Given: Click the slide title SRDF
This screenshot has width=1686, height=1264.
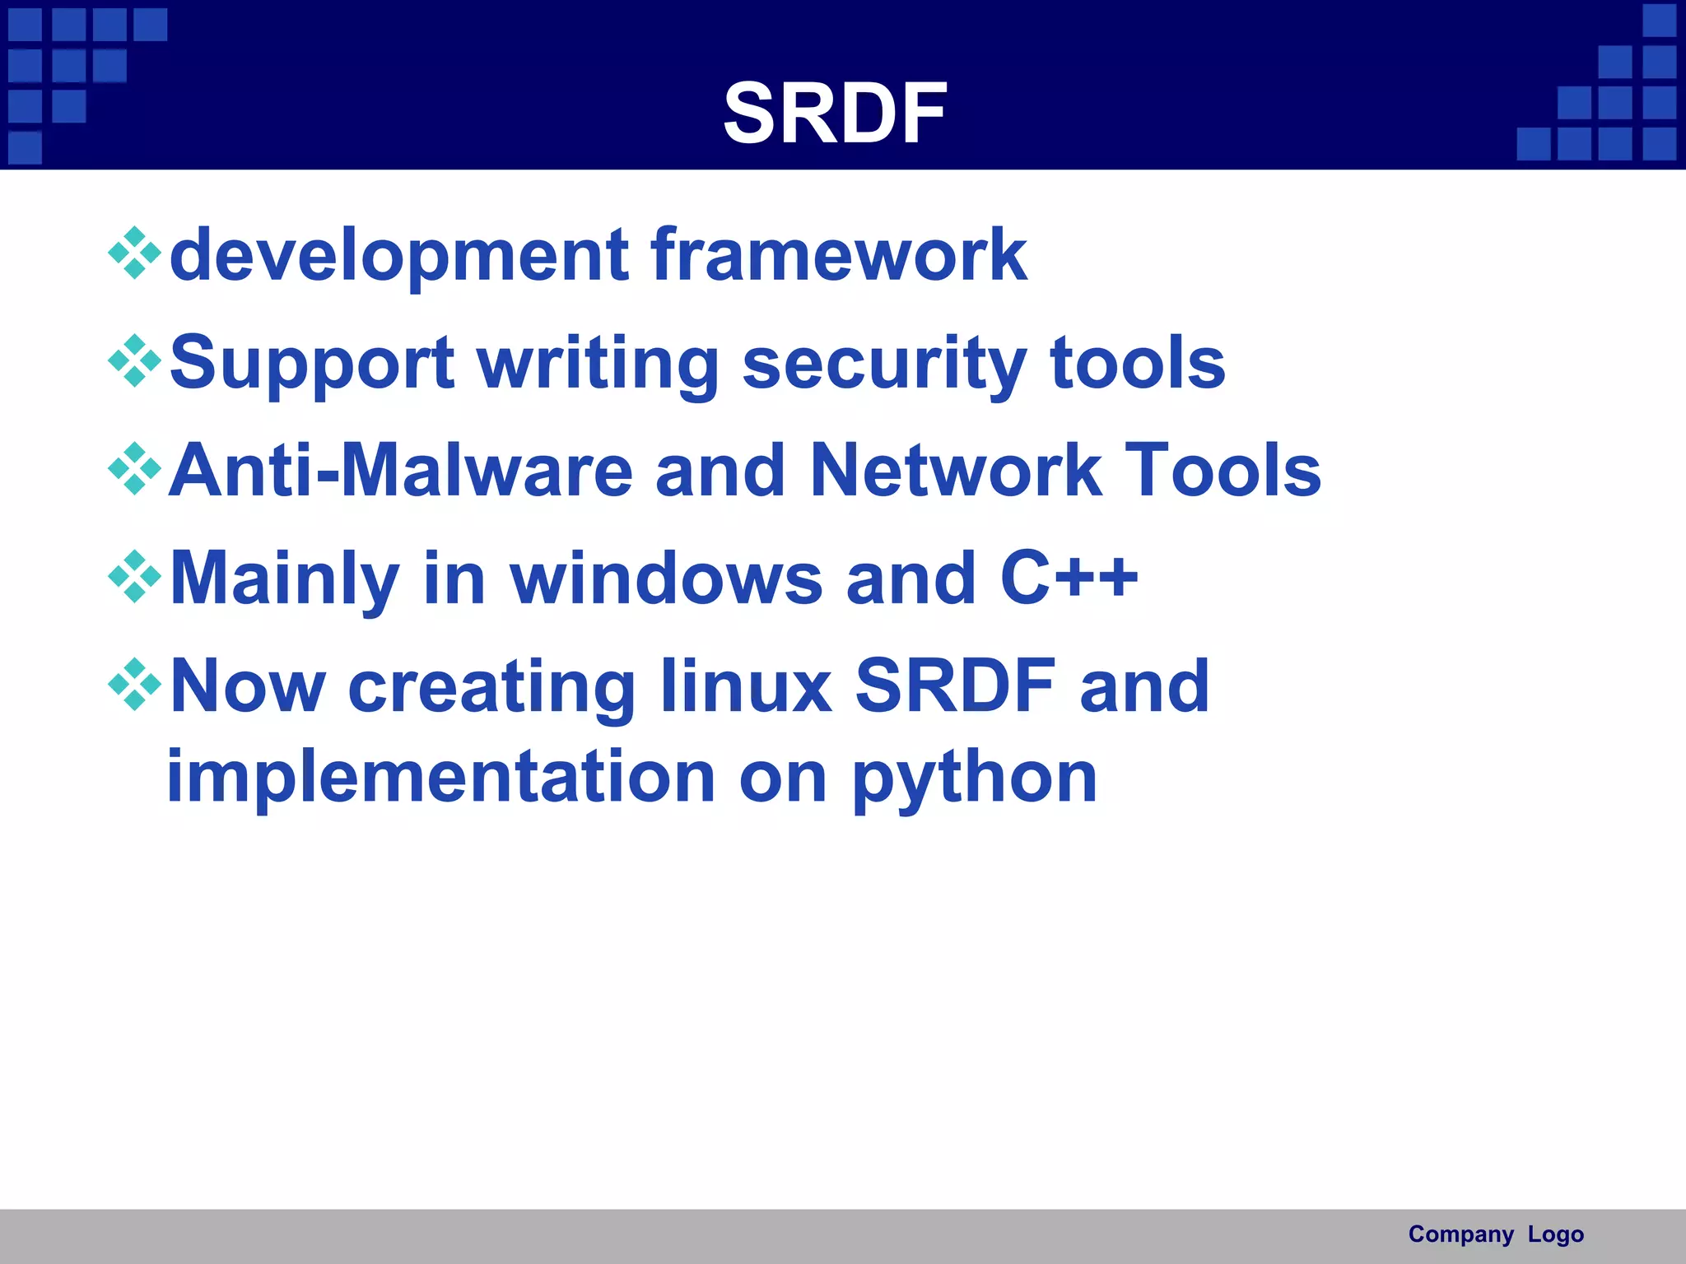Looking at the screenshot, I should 835,114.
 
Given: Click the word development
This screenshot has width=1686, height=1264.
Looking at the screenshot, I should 399,256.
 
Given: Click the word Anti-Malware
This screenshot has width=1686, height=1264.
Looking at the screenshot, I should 400,471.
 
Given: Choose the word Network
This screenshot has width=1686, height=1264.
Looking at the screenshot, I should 955,471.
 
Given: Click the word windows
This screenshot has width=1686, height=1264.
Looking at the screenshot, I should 666,579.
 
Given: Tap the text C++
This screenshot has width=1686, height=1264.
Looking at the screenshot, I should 1069,579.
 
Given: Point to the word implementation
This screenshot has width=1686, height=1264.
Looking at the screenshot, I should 441,778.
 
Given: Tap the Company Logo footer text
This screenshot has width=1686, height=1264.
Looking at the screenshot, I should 1495,1234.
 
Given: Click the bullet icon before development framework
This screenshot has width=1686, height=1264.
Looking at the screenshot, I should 134,253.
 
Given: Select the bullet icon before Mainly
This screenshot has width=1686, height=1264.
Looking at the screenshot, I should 134,577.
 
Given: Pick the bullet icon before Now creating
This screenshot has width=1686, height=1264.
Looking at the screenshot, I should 134,685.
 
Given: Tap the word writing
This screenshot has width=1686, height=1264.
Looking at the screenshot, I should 598,364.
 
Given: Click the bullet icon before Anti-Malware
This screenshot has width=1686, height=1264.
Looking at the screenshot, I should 134,469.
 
